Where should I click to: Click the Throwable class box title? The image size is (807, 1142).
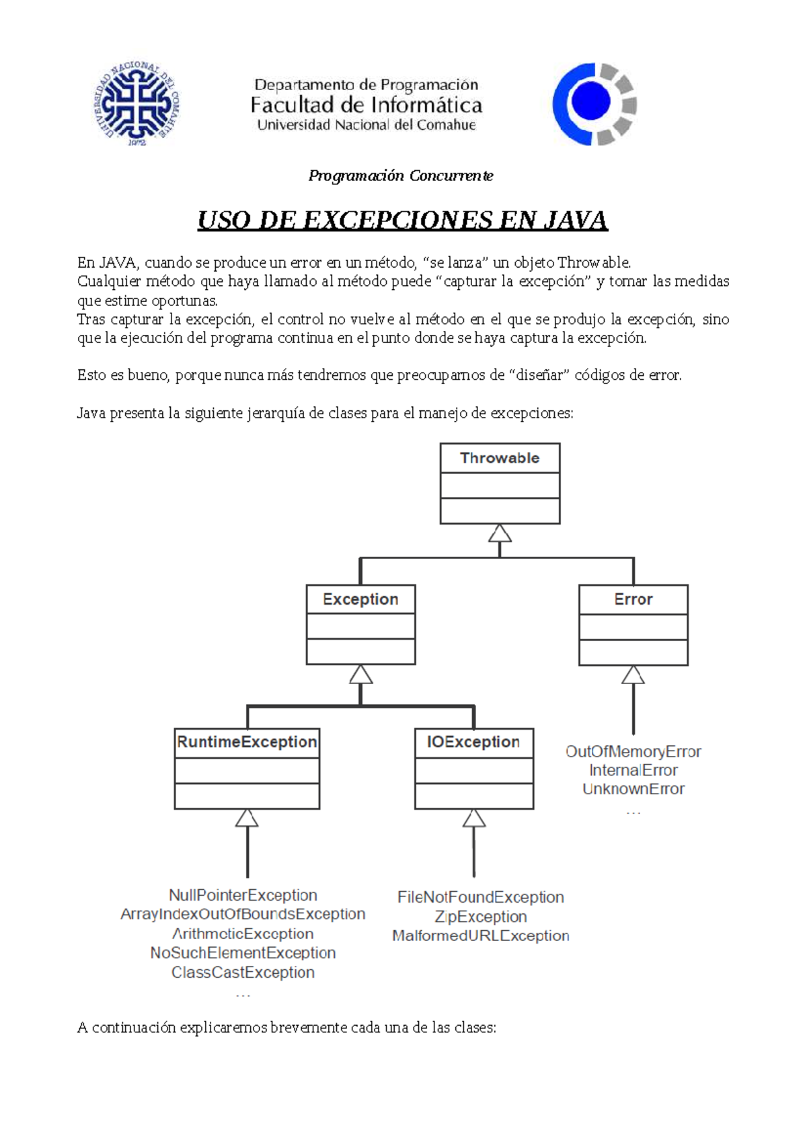tap(500, 458)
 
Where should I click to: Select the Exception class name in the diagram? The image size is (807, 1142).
tap(360, 599)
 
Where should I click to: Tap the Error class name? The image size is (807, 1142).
tap(633, 599)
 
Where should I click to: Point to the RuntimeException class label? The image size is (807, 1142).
tap(247, 742)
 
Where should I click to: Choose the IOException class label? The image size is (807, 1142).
tap(473, 742)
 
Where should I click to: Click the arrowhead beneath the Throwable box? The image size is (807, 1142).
tap(500, 533)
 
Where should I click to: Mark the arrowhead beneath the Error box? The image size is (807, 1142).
tap(633, 675)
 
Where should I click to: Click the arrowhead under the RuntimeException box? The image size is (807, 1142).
tap(247, 818)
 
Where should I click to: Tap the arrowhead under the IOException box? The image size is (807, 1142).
tap(474, 818)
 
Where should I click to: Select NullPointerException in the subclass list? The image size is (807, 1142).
tap(243, 895)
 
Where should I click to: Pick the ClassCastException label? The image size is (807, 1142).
tap(243, 973)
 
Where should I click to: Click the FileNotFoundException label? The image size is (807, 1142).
tap(481, 897)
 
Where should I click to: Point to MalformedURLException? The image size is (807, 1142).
tap(481, 936)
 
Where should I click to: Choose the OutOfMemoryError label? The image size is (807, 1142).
tap(633, 751)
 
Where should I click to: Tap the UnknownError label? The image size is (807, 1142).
tap(633, 789)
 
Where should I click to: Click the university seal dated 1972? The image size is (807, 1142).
tap(137, 104)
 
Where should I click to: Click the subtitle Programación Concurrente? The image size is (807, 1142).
tap(401, 176)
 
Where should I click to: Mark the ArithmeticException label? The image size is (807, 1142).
tap(243, 934)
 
